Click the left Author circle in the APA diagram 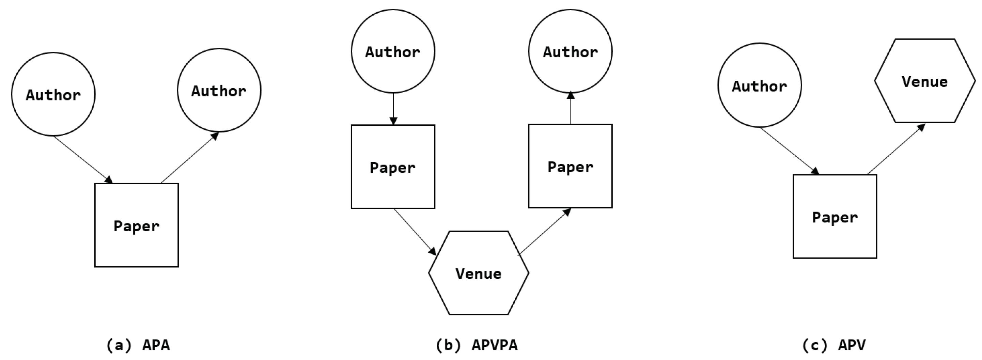[x=53, y=94]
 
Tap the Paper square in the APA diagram [x=137, y=225]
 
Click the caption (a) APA [x=138, y=345]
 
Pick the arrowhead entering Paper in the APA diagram [x=109, y=179]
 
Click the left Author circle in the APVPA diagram [x=393, y=51]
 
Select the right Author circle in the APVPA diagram [x=570, y=51]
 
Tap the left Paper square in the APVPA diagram [x=393, y=167]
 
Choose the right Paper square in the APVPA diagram [x=570, y=166]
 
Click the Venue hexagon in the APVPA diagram [x=479, y=273]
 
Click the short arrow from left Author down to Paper [x=393, y=109]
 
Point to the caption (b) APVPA [x=477, y=345]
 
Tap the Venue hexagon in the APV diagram [x=924, y=81]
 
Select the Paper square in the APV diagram [x=835, y=217]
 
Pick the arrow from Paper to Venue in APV [x=896, y=149]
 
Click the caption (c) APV [x=834, y=345]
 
